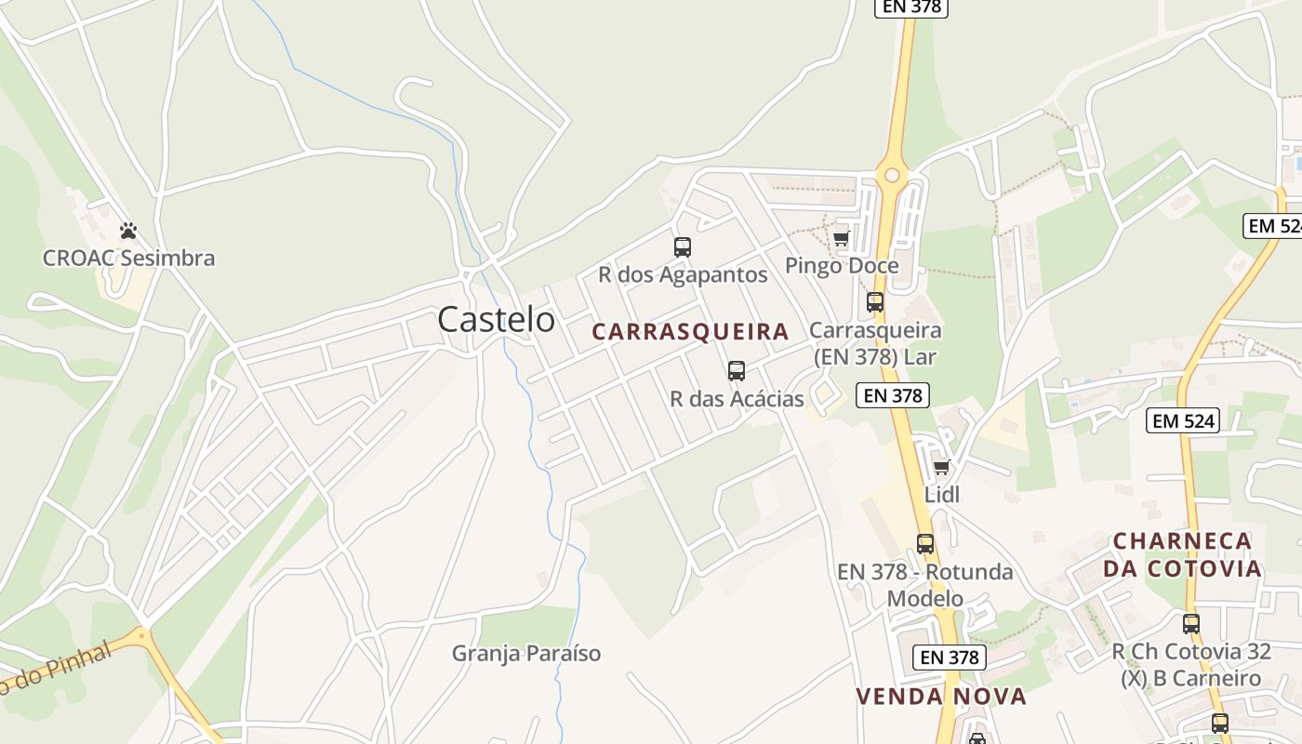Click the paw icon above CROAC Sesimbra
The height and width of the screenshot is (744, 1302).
pos(128,230)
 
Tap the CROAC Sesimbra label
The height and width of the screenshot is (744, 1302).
pos(128,259)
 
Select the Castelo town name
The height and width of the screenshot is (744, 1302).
pos(496,320)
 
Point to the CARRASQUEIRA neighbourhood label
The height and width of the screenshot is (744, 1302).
pos(690,332)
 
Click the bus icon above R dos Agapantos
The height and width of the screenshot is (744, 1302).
pos(683,247)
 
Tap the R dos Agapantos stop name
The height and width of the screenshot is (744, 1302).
pos(683,275)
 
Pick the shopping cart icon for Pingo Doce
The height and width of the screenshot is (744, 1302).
pos(842,238)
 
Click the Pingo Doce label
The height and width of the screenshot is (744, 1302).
pos(842,266)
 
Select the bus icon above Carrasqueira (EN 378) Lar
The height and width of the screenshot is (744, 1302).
pos(875,302)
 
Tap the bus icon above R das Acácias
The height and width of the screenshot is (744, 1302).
pos(737,371)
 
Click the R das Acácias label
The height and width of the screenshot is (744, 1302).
pos(737,399)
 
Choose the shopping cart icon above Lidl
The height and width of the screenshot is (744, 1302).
pos(941,467)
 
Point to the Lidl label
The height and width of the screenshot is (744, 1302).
pos(941,495)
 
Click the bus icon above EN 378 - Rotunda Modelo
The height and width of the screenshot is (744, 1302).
pos(925,544)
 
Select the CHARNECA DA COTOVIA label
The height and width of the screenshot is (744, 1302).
pos(1183,554)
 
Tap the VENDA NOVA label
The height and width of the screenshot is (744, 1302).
pos(941,697)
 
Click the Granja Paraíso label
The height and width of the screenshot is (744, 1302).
pos(526,654)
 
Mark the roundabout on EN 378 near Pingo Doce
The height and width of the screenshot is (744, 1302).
pos(892,174)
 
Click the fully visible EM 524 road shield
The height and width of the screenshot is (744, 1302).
pos(1183,420)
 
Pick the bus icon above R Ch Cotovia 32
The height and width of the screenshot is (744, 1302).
pos(1191,624)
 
